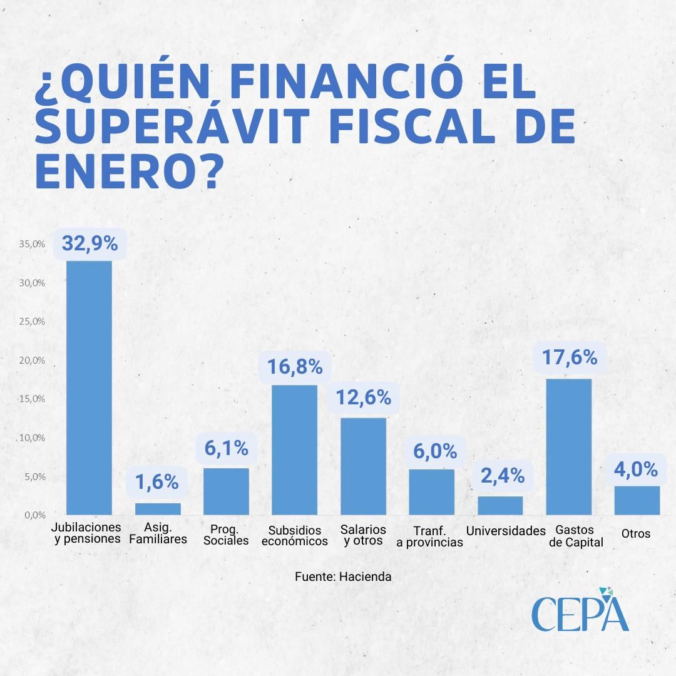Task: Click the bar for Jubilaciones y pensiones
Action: [x=89, y=387]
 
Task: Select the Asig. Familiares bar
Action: [x=158, y=508]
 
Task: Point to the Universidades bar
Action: [x=500, y=505]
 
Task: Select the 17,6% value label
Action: [x=569, y=357]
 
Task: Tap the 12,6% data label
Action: [x=363, y=397]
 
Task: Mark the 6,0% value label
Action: [x=432, y=451]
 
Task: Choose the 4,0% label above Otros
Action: [x=637, y=469]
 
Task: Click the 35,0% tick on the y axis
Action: [x=32, y=244]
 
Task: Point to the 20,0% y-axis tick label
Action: [x=32, y=361]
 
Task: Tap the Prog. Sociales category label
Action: [x=226, y=535]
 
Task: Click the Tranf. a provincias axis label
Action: [x=429, y=536]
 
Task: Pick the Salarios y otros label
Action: [x=363, y=535]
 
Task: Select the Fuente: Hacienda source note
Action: [x=343, y=576]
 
